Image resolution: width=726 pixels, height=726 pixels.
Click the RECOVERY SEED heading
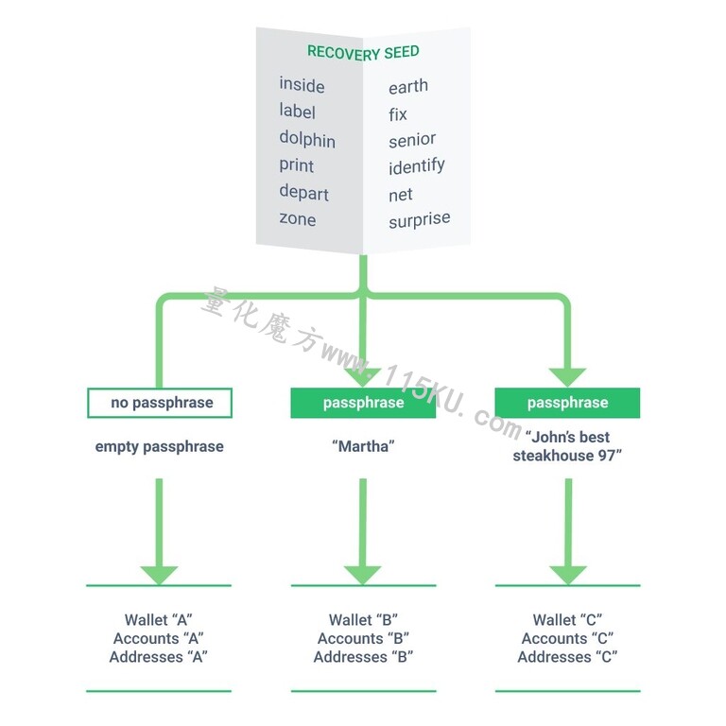pyautogui.click(x=363, y=53)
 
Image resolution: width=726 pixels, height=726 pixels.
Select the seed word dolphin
pyautogui.click(x=307, y=139)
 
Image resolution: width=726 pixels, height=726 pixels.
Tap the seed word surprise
pyautogui.click(x=420, y=220)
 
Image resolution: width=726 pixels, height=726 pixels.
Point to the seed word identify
pyautogui.click(x=417, y=166)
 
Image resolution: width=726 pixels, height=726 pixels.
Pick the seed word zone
pyautogui.click(x=297, y=218)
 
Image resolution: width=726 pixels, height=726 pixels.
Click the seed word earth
pyautogui.click(x=408, y=86)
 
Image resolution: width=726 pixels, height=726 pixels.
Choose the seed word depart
pyautogui.click(x=303, y=193)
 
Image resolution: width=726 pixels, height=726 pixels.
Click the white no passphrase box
pyautogui.click(x=160, y=403)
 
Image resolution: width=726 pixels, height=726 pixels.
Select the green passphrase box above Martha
pyautogui.click(x=363, y=403)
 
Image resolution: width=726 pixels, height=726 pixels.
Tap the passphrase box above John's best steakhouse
pyautogui.click(x=567, y=403)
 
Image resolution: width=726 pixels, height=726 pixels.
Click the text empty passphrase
pyautogui.click(x=159, y=447)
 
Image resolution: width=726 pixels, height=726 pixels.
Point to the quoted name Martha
pyautogui.click(x=363, y=446)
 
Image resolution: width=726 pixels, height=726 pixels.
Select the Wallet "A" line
pyautogui.click(x=159, y=619)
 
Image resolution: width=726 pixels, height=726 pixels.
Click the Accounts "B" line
pyautogui.click(x=363, y=638)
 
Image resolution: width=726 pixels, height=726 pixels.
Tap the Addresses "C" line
pyautogui.click(x=567, y=657)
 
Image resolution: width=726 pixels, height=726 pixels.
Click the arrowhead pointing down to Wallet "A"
pyautogui.click(x=159, y=575)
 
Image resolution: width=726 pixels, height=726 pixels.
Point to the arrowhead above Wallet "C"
pyautogui.click(x=568, y=575)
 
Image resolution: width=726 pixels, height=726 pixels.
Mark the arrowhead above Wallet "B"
pyautogui.click(x=363, y=575)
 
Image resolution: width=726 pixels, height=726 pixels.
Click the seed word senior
pyautogui.click(x=412, y=140)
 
